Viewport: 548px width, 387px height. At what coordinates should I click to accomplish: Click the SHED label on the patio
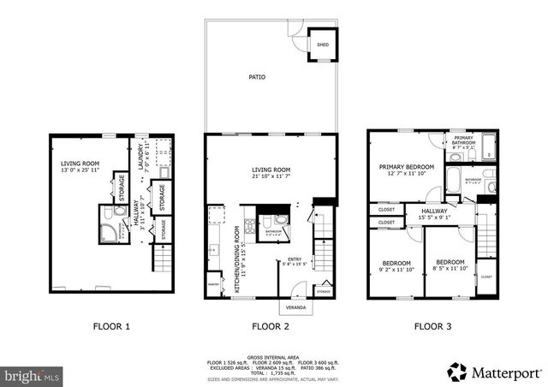coord(323,44)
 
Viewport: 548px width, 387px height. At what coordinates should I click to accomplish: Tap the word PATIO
coord(257,77)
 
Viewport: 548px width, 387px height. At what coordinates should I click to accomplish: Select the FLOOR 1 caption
coord(112,326)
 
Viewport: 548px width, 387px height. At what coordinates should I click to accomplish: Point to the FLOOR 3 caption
coord(433,326)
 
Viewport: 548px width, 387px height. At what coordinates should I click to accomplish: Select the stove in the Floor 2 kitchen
coord(248,228)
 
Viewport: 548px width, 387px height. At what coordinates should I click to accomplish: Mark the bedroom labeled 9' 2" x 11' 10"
coord(396,265)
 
